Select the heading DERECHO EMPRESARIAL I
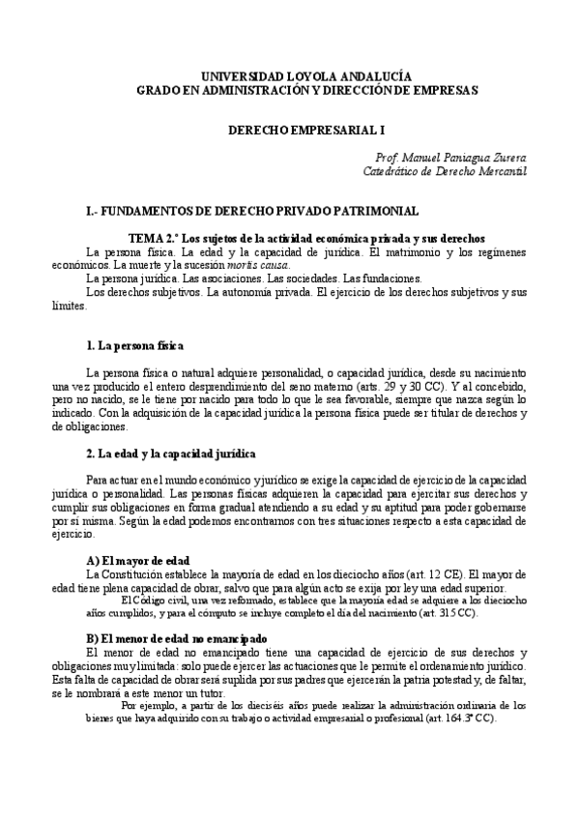click(x=291, y=128)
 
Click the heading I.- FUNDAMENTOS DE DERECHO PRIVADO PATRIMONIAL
click(x=252, y=211)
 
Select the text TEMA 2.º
click(x=153, y=238)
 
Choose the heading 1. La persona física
click(x=135, y=345)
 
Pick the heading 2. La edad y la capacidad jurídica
click(x=169, y=453)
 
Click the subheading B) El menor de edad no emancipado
click(x=189, y=638)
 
